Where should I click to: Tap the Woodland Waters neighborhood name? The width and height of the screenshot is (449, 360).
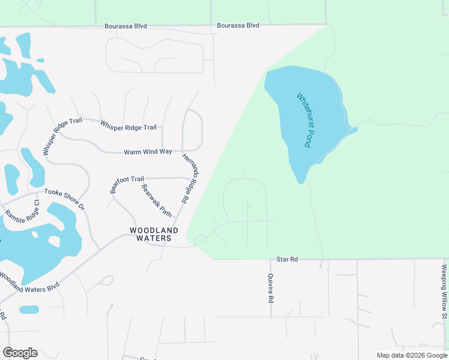pos(155,234)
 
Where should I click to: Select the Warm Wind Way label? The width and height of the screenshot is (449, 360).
pos(148,152)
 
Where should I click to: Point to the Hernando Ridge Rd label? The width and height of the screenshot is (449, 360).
pos(190,180)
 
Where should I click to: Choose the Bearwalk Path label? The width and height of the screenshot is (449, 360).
pos(156,200)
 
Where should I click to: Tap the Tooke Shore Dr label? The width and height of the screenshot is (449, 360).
pos(64,198)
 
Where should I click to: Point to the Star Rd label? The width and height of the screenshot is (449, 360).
pos(287,259)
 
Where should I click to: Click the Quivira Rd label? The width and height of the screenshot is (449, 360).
pos(271,287)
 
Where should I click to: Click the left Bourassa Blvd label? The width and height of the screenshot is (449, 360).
pos(125,26)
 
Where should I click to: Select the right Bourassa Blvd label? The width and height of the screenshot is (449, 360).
pos(238,25)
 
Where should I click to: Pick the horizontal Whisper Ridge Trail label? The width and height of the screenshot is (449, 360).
pos(128,126)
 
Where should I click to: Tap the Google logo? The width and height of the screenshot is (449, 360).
pos(20,352)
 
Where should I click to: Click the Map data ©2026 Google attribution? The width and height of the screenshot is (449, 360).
pos(412,355)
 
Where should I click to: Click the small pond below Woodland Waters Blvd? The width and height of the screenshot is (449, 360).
pos(28,310)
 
